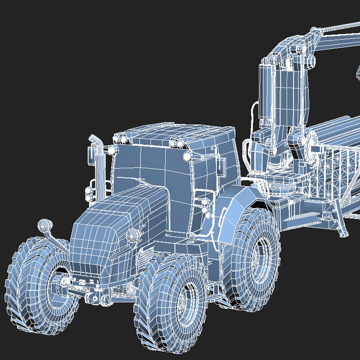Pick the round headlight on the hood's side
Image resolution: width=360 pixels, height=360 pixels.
pos(132,234)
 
